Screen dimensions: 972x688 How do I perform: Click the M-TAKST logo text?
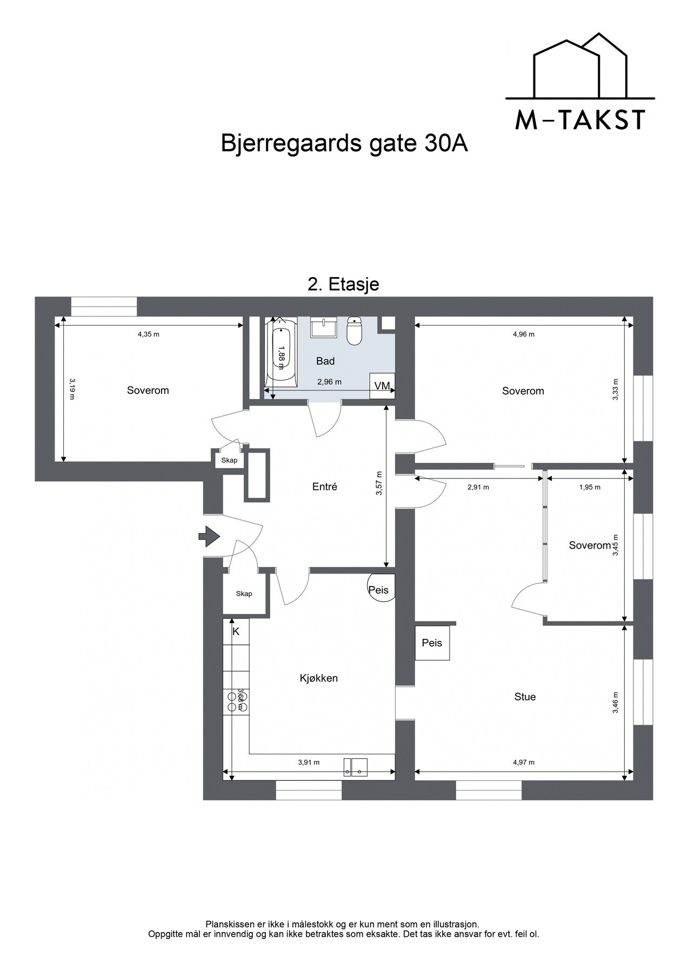[580, 120]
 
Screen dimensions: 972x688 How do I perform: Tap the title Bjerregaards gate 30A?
[344, 144]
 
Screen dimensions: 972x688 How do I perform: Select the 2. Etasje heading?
[343, 284]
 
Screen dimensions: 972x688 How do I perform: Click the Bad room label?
[325, 361]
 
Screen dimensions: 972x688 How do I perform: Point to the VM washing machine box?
[382, 386]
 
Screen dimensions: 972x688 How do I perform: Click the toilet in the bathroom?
[354, 330]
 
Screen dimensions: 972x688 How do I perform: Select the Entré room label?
[325, 487]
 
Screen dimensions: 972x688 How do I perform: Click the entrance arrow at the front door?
[209, 536]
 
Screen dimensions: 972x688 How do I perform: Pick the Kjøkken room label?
[319, 678]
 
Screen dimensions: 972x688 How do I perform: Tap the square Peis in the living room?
[432, 643]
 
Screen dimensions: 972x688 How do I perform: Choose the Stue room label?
[525, 697]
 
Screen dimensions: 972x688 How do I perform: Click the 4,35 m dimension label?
[149, 334]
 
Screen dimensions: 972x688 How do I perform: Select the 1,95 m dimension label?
[590, 487]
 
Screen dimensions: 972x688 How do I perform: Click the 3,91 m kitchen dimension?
[309, 762]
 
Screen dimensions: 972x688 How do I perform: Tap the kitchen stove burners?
[237, 701]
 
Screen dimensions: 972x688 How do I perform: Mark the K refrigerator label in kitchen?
[236, 631]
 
